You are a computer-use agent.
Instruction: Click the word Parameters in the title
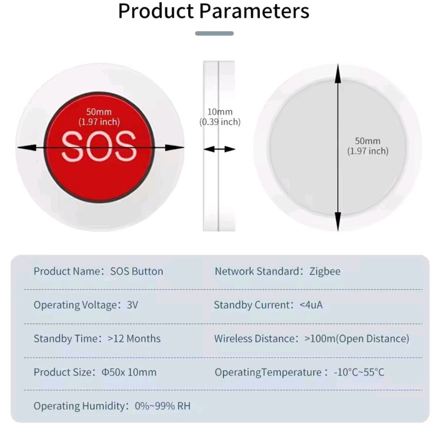click(x=254, y=11)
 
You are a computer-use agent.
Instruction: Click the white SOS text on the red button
click(x=99, y=147)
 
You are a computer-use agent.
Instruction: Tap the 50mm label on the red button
click(x=99, y=112)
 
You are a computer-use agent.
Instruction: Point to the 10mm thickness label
click(x=220, y=112)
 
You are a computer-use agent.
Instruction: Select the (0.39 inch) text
click(x=220, y=122)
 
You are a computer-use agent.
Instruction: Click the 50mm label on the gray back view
click(x=368, y=141)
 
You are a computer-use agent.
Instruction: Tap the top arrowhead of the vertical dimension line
click(x=338, y=73)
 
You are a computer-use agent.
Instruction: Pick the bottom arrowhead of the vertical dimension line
click(x=338, y=221)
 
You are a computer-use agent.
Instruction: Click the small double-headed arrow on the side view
click(x=220, y=149)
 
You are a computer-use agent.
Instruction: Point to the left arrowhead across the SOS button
click(x=27, y=148)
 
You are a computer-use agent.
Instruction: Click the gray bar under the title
click(x=215, y=33)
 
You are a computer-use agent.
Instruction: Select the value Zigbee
click(x=325, y=271)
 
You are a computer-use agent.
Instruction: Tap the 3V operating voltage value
click(x=133, y=305)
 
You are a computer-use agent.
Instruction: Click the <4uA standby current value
click(x=311, y=305)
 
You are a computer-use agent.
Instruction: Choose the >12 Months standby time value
click(x=134, y=338)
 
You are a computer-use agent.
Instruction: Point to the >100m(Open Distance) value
click(x=357, y=338)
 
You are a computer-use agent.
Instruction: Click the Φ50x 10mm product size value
click(x=129, y=372)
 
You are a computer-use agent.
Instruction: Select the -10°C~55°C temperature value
click(x=359, y=372)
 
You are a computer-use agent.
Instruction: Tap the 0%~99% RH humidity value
click(x=163, y=406)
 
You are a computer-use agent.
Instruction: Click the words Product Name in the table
click(x=67, y=271)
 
